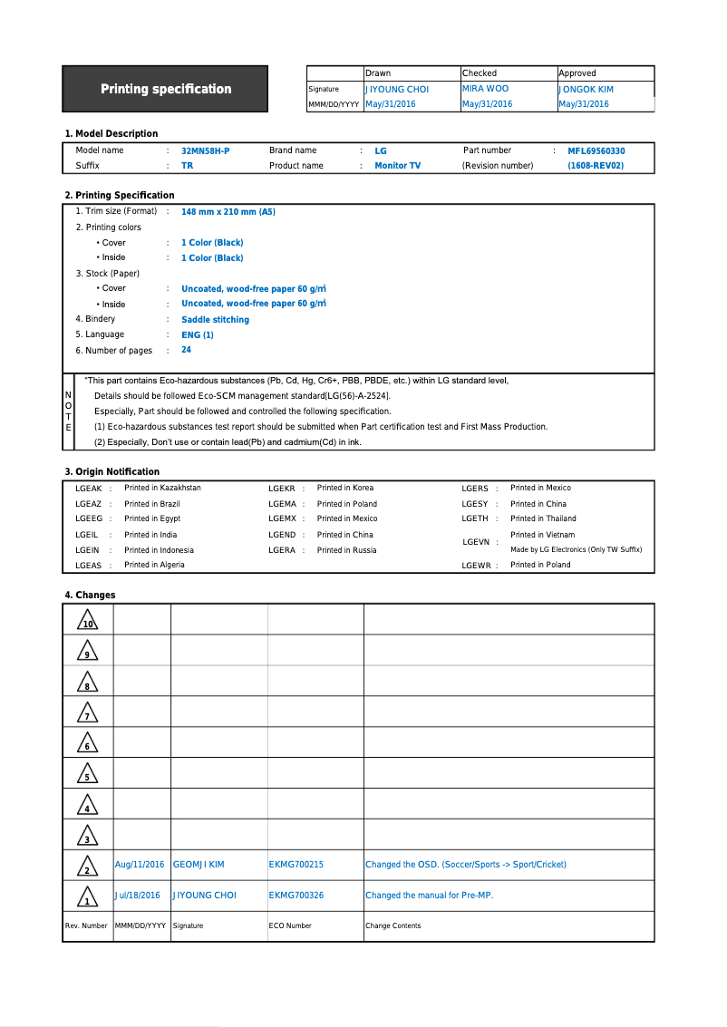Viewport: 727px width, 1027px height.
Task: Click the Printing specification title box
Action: [165, 89]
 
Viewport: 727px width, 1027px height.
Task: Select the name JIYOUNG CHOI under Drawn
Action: [397, 90]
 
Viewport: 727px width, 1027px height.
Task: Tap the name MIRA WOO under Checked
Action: [485, 89]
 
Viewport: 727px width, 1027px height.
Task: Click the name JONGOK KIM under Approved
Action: [586, 90]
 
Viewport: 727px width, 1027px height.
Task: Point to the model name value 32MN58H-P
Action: [205, 151]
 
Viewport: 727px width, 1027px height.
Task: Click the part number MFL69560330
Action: [596, 151]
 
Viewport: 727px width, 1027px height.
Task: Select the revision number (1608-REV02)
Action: [596, 166]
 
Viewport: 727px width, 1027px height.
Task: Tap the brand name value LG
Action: [381, 151]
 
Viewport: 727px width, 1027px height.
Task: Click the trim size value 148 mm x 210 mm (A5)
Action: [228, 212]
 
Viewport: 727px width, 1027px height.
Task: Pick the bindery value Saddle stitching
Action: [215, 320]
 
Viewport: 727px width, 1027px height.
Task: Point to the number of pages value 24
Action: [186, 350]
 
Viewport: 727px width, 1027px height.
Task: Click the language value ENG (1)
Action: [198, 335]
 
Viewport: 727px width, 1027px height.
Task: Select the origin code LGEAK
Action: [88, 489]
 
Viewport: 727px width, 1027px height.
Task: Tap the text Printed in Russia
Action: [346, 550]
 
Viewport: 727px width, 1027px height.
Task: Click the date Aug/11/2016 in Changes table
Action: [140, 865]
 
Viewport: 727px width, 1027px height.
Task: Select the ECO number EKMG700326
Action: [296, 896]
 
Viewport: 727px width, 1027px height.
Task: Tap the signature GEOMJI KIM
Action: [199, 865]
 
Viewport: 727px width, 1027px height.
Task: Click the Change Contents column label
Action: [393, 926]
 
